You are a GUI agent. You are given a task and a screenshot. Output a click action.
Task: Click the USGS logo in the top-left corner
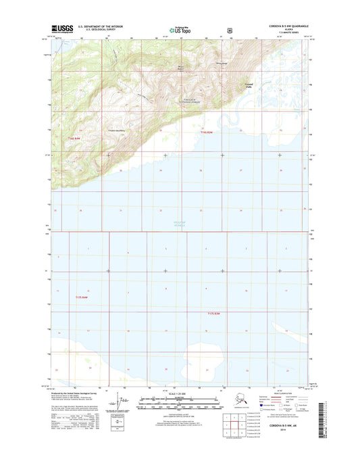pos(64,29)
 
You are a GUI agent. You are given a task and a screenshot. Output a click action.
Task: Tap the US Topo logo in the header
pos(180,30)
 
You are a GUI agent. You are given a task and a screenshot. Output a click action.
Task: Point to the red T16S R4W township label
pos(75,139)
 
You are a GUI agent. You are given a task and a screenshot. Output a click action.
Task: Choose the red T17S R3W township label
pos(215,314)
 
